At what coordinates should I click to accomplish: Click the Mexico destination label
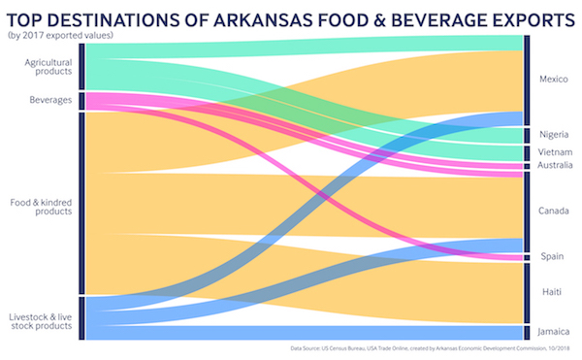pos(554,79)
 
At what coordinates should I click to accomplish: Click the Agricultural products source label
pos(48,67)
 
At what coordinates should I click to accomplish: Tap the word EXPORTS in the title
pos(518,18)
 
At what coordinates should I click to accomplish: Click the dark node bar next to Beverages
pos(81,101)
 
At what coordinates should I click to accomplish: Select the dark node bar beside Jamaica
pos(527,332)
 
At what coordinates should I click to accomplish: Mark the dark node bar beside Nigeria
pos(527,135)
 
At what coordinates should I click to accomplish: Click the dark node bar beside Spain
pos(527,257)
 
